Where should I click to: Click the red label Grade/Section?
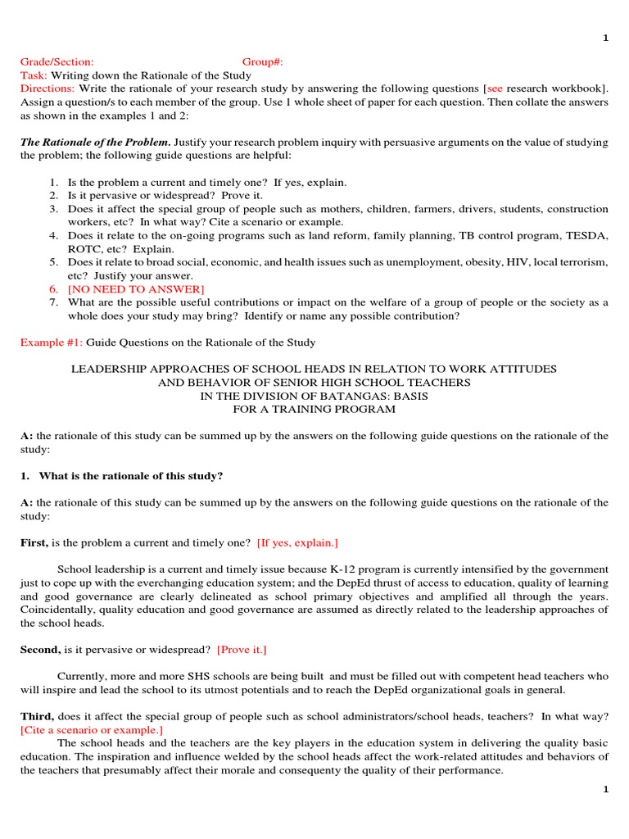(x=57, y=61)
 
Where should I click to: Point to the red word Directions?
(x=47, y=88)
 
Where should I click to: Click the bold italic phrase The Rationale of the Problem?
(x=95, y=142)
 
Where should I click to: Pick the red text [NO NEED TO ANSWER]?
(x=136, y=289)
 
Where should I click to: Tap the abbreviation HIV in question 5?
(x=505, y=262)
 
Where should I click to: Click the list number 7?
(x=52, y=302)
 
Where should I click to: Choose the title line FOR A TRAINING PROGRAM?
(x=314, y=409)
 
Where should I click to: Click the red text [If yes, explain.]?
(x=297, y=542)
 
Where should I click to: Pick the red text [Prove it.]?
(x=242, y=650)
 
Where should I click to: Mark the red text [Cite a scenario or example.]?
(x=92, y=730)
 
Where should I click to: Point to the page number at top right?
(x=605, y=38)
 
